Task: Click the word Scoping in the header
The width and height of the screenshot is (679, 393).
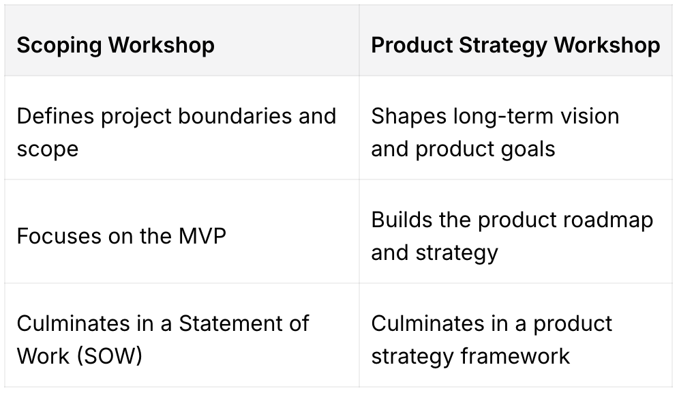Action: [x=59, y=46]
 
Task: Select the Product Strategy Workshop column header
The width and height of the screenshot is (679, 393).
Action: [x=515, y=46]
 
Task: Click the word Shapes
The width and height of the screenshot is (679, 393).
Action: [x=408, y=116]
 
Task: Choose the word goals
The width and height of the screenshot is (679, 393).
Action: [x=524, y=149]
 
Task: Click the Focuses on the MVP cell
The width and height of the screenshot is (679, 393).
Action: [x=121, y=236]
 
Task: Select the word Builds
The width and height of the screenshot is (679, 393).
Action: [x=402, y=220]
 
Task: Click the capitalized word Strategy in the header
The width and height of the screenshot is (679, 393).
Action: [x=501, y=46]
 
